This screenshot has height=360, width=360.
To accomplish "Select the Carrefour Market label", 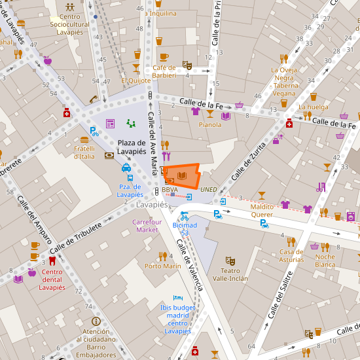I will coord(146,226).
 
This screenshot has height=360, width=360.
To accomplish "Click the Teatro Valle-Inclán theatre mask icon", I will coord(229,261).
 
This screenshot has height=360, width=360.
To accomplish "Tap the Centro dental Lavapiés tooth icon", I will coord(52,260).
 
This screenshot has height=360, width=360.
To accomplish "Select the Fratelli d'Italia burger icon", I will coord(84,139).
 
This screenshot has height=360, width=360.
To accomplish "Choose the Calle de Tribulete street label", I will coord(75,238).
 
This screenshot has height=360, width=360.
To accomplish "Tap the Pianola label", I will coord(210,124).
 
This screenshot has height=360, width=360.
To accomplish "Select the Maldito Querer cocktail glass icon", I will coord(262,195).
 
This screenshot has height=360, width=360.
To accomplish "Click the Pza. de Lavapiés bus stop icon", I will coord(130,177).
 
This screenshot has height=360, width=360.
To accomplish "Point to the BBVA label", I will coord(170,190).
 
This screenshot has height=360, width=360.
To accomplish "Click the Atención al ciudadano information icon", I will coord(96,321).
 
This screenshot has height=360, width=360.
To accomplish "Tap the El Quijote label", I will coord(135,81).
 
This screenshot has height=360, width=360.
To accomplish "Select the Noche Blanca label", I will coord(325,261).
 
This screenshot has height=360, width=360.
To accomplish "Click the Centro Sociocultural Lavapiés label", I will coord(69,24).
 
